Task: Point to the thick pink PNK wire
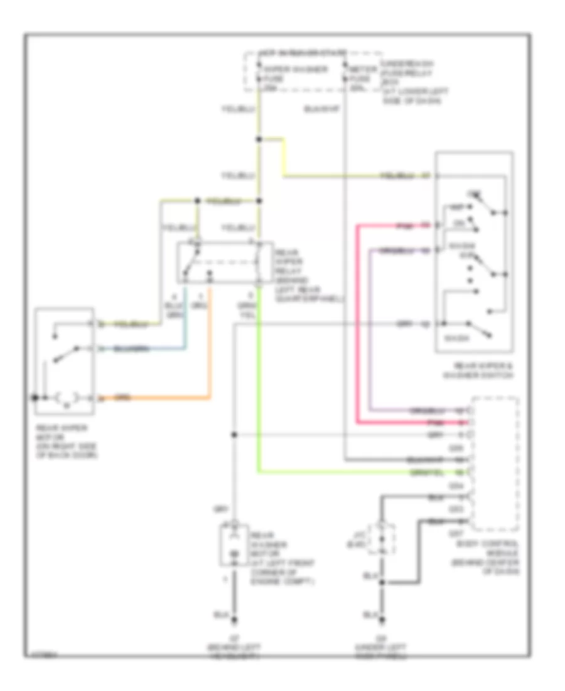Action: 358,327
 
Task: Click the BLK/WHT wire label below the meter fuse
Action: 321,109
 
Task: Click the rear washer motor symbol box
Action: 233,545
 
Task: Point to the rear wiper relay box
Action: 224,263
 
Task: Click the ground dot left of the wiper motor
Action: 35,398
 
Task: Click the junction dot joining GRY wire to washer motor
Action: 234,434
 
